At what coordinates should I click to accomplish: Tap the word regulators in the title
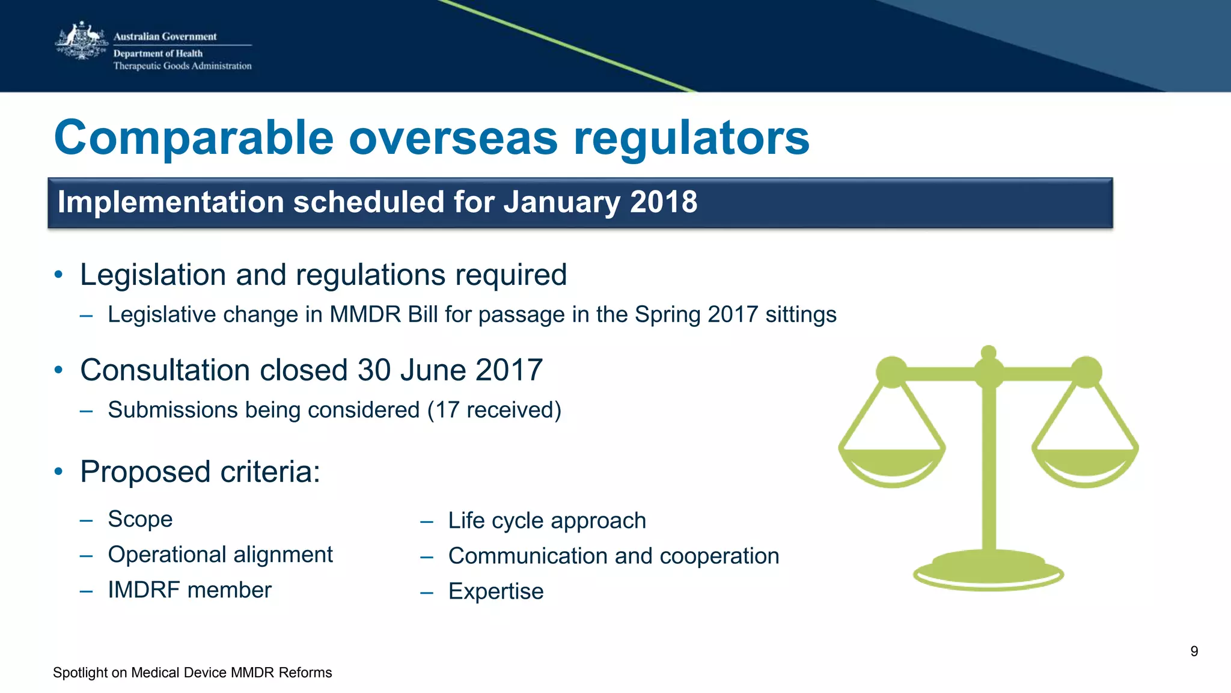click(x=691, y=138)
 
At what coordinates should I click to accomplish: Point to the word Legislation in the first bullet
click(x=153, y=275)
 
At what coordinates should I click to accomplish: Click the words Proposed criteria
click(x=200, y=472)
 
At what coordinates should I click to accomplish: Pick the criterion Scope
click(x=140, y=519)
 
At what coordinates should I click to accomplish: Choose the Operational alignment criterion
click(x=220, y=555)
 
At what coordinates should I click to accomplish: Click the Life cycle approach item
click(x=546, y=521)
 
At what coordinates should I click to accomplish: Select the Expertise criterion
click(x=495, y=591)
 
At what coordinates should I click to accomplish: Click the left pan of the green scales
click(x=892, y=466)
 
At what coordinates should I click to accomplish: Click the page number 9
click(x=1194, y=652)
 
